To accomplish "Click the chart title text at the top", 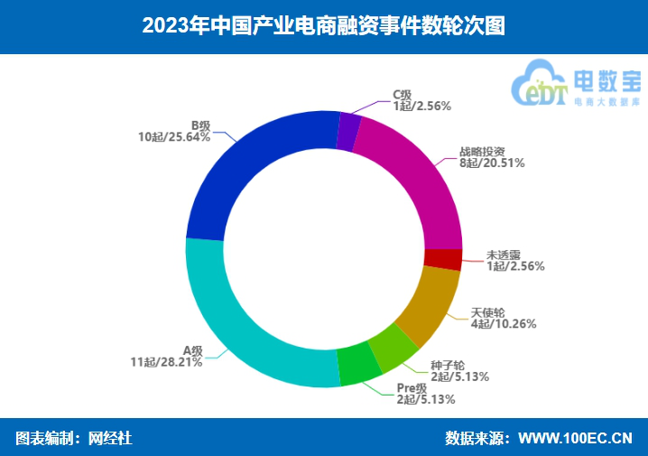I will (x=323, y=26).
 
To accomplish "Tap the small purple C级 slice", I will (x=348, y=131).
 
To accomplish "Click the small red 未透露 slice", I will (x=443, y=259).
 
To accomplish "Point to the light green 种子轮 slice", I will (x=394, y=348).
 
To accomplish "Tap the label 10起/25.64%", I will (x=174, y=137).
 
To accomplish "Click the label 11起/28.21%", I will (x=166, y=362).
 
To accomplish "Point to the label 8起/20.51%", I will (x=492, y=163).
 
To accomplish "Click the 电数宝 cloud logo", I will (x=575, y=86).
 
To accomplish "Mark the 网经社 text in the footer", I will (x=110, y=439).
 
